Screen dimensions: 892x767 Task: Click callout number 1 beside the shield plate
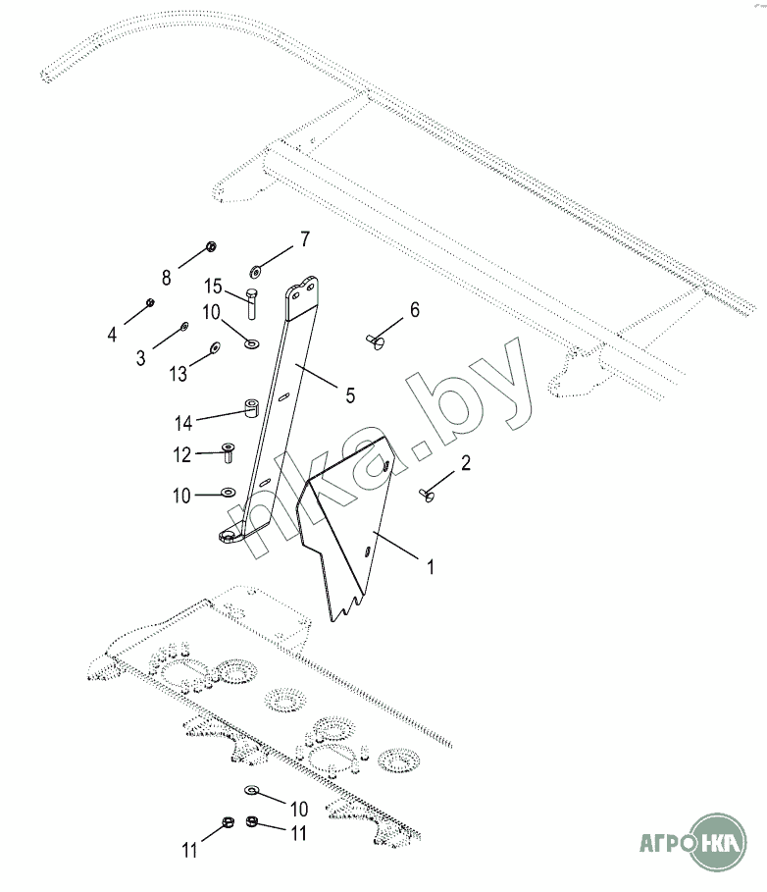coord(429,566)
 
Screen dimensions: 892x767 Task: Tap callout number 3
coord(141,358)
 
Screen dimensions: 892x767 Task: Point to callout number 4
coord(113,334)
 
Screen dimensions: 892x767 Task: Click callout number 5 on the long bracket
coord(348,395)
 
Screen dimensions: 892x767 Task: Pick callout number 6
coord(414,310)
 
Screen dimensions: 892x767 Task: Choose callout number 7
coord(304,239)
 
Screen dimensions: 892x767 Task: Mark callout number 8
coord(167,278)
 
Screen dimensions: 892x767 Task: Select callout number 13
coord(178,374)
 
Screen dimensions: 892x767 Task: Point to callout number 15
coord(213,287)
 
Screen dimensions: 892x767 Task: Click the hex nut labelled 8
coord(212,246)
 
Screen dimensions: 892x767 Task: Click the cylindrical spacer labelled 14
coord(251,406)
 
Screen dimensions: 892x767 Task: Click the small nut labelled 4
coord(149,302)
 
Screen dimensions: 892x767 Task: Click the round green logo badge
coord(718,841)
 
